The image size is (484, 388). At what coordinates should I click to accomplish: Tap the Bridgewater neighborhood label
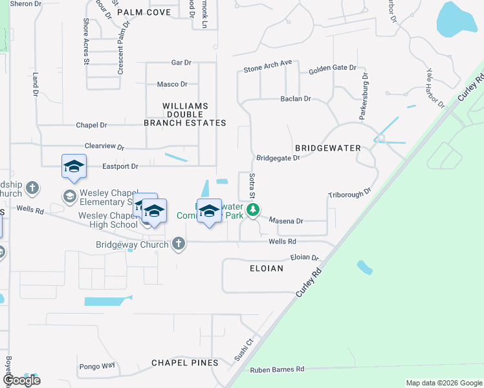click(327, 148)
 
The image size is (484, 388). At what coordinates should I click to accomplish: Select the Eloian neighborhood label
click(266, 268)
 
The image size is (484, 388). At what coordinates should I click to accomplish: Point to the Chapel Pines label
click(185, 363)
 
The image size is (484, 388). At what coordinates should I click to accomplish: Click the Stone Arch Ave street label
click(268, 66)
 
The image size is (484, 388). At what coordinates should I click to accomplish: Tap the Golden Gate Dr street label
click(333, 68)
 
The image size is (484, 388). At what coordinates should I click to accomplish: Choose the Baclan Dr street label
click(296, 99)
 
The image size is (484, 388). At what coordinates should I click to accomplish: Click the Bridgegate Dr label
click(278, 157)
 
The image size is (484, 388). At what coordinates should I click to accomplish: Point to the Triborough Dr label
click(349, 193)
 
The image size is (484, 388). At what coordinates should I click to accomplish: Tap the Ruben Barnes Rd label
click(277, 369)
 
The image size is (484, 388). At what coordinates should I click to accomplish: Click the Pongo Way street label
click(96, 365)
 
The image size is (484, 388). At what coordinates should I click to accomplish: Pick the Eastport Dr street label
click(120, 166)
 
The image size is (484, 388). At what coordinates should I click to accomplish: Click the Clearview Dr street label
click(104, 147)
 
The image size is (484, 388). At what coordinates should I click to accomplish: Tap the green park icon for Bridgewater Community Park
click(254, 210)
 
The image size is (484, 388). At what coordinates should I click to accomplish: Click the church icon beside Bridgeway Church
click(179, 244)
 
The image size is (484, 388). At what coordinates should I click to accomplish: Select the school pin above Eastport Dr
click(74, 167)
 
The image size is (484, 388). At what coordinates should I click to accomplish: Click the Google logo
click(21, 380)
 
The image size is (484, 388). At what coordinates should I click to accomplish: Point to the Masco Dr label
click(172, 84)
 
